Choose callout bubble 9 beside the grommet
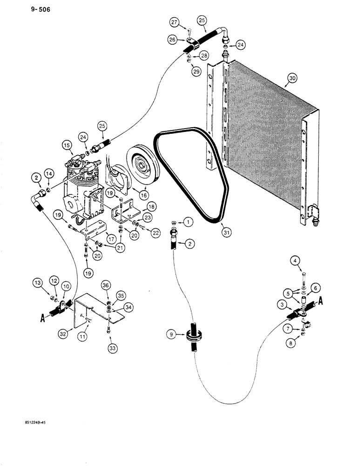[x=172, y=334]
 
